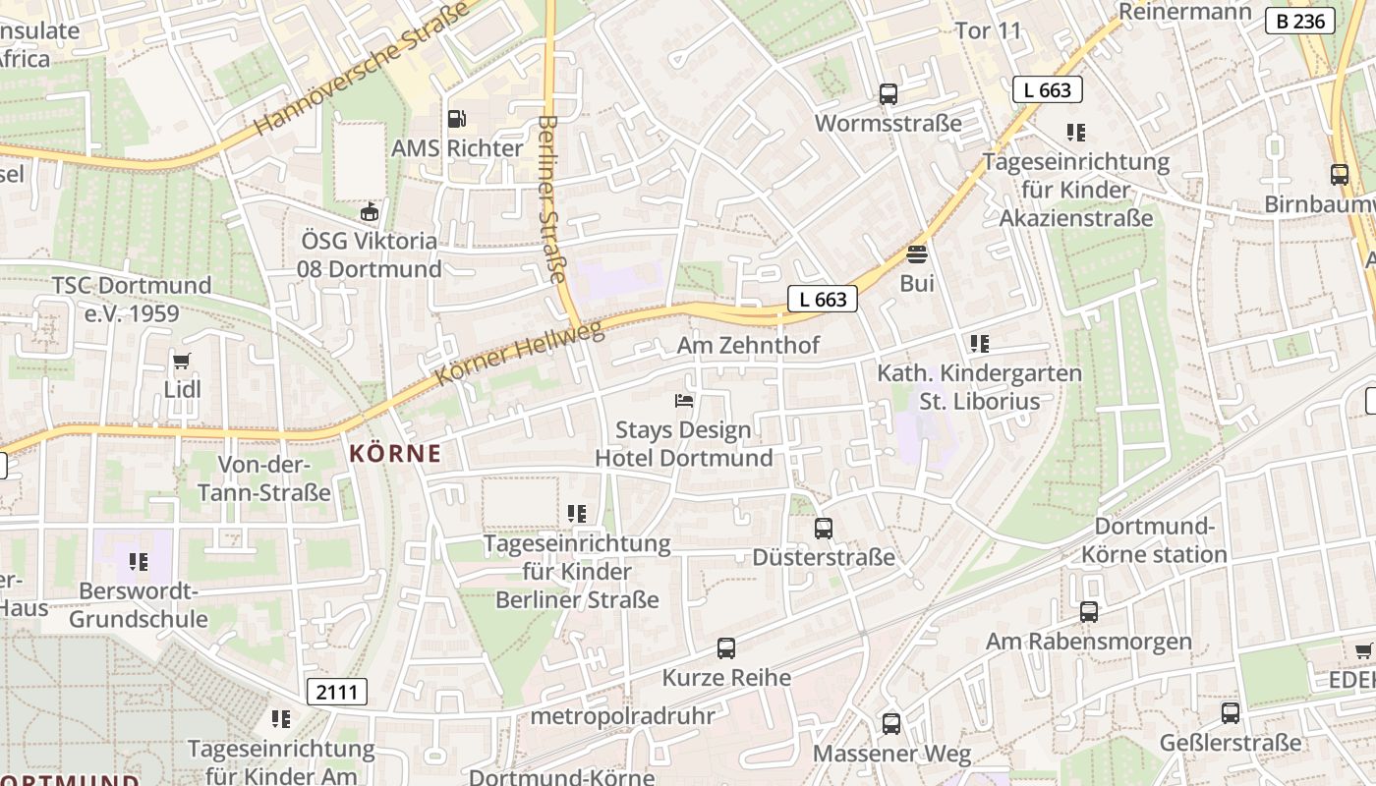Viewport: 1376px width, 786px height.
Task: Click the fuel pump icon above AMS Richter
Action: pyautogui.click(x=456, y=119)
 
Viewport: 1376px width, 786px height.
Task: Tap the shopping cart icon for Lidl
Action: pyautogui.click(x=181, y=362)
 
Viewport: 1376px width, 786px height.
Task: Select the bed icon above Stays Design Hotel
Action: pyautogui.click(x=684, y=401)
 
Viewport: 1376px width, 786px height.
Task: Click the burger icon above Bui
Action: pyautogui.click(x=917, y=254)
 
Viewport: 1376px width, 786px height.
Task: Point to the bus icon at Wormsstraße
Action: pyautogui.click(x=888, y=94)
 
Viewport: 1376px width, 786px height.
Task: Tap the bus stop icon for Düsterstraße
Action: pyautogui.click(x=824, y=529)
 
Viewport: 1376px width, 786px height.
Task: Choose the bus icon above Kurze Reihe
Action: pyautogui.click(x=726, y=648)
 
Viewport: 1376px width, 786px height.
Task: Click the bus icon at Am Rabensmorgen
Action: pyautogui.click(x=1089, y=612)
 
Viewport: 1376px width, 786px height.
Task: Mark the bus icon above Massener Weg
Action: pyautogui.click(x=891, y=724)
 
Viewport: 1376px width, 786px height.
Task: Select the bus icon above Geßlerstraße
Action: pyautogui.click(x=1231, y=713)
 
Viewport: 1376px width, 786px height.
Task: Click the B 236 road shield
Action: pyautogui.click(x=1300, y=21)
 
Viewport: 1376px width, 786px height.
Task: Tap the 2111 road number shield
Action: pyautogui.click(x=337, y=692)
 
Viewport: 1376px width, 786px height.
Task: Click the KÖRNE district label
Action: pyautogui.click(x=395, y=454)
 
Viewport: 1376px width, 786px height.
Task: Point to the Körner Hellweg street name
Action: pyautogui.click(x=519, y=354)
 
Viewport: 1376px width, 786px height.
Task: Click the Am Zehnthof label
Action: pyautogui.click(x=748, y=345)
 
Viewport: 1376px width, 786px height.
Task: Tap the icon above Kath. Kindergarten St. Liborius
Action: pyautogui.click(x=979, y=344)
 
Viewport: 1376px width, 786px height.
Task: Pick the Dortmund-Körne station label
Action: pyautogui.click(x=1154, y=540)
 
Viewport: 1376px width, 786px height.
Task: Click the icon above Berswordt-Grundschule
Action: pyautogui.click(x=139, y=562)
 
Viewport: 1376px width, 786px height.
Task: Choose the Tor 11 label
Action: pyautogui.click(x=989, y=30)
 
